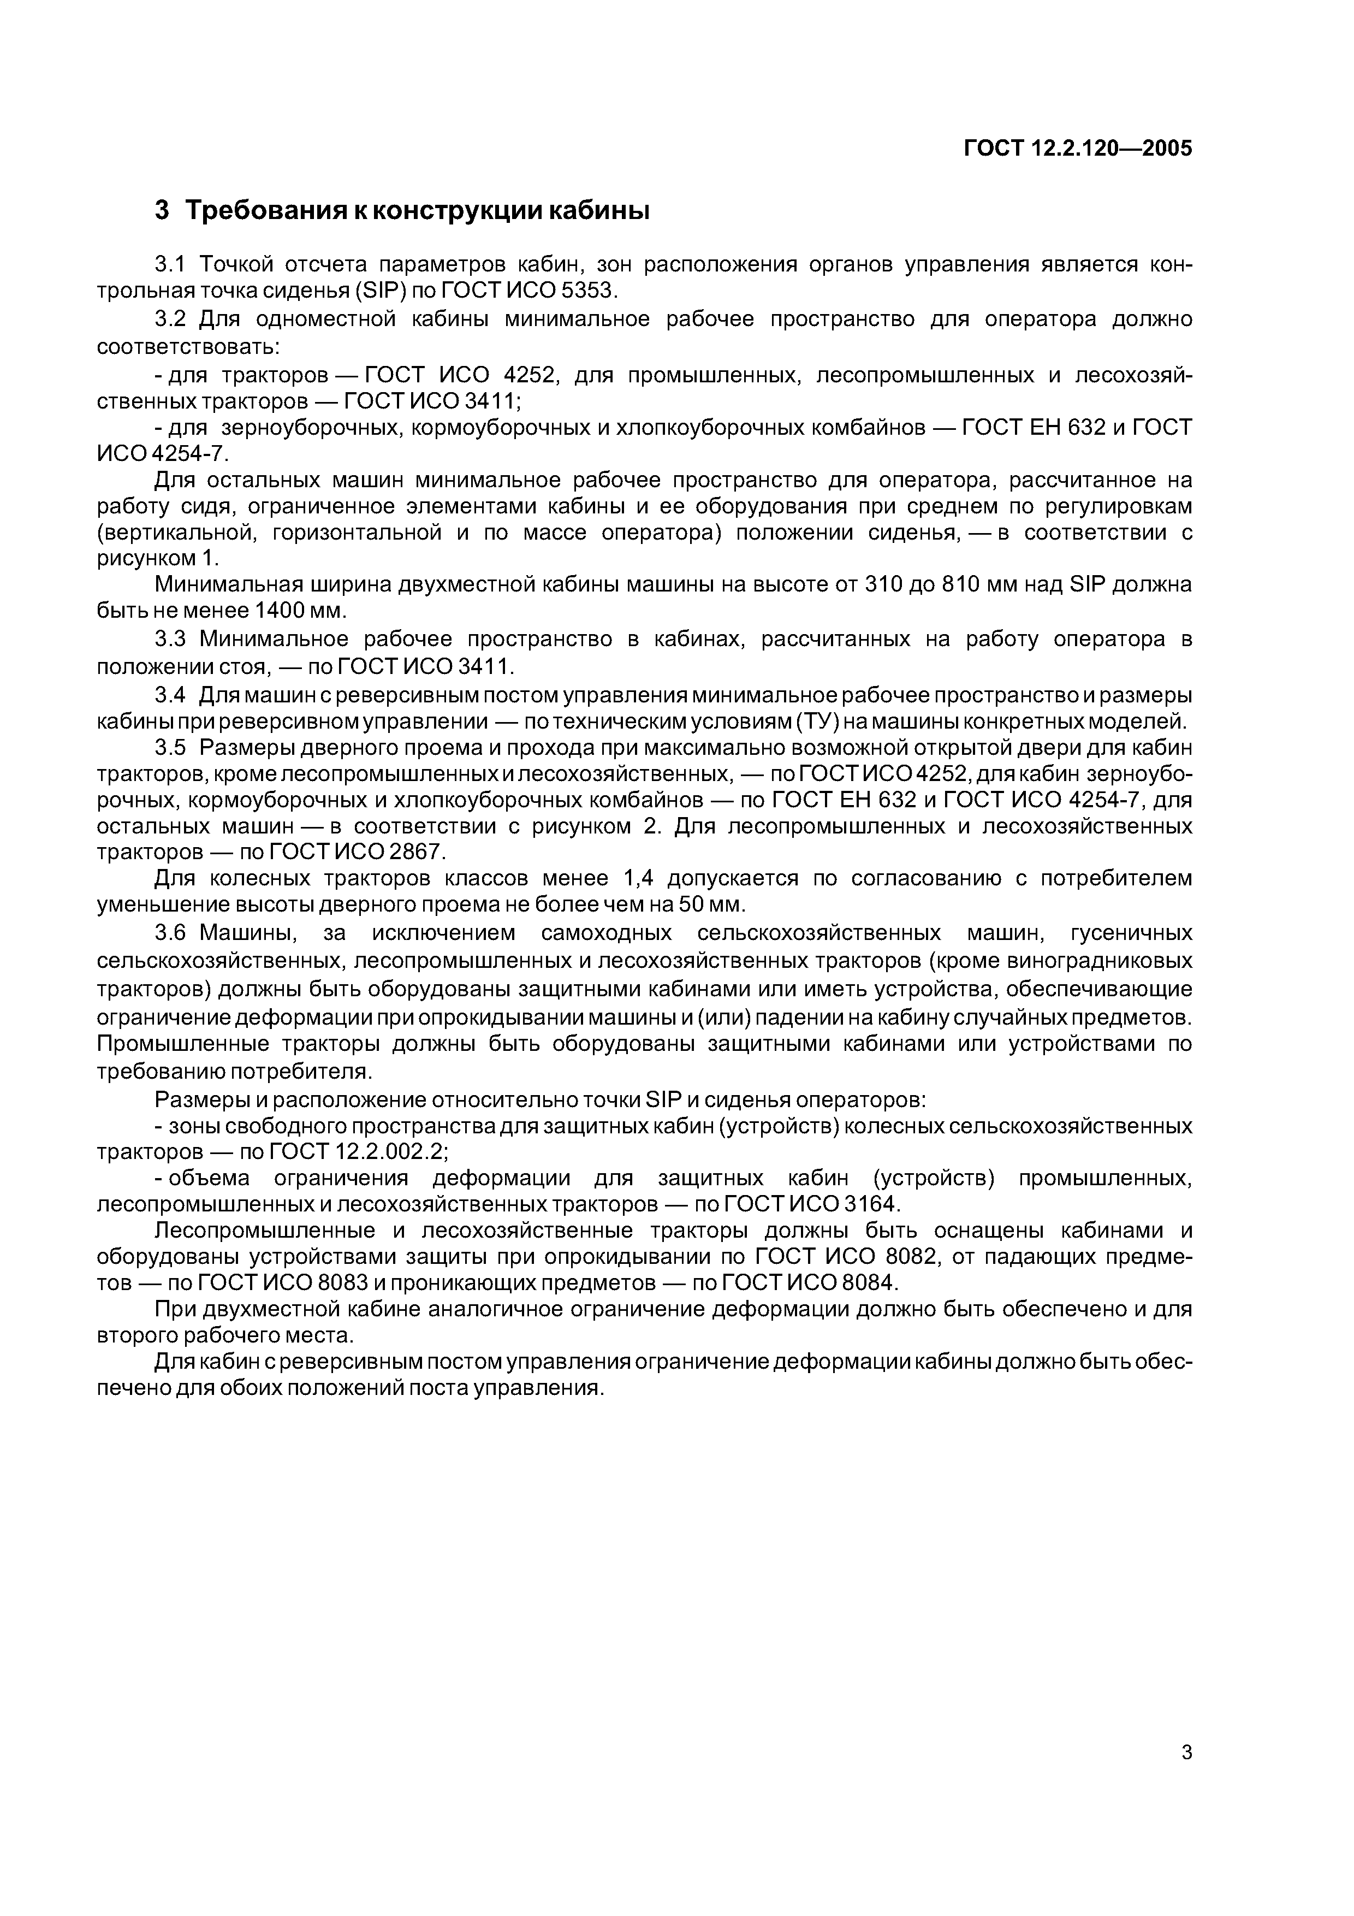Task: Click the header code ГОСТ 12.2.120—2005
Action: tap(1078, 149)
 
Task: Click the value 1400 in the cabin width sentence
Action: tap(280, 610)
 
